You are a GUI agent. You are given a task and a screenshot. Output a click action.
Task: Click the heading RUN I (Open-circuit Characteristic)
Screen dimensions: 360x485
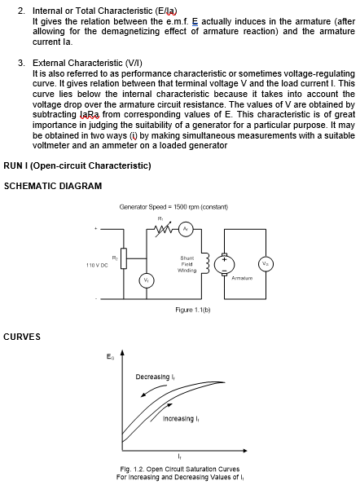tap(77, 165)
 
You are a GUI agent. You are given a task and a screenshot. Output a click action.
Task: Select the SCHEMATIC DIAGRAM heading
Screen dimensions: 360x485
tap(53, 186)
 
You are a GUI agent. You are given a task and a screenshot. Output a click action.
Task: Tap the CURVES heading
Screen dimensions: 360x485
tap(22, 336)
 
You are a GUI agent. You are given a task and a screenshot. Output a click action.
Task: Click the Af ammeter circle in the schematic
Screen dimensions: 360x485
tap(185, 228)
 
